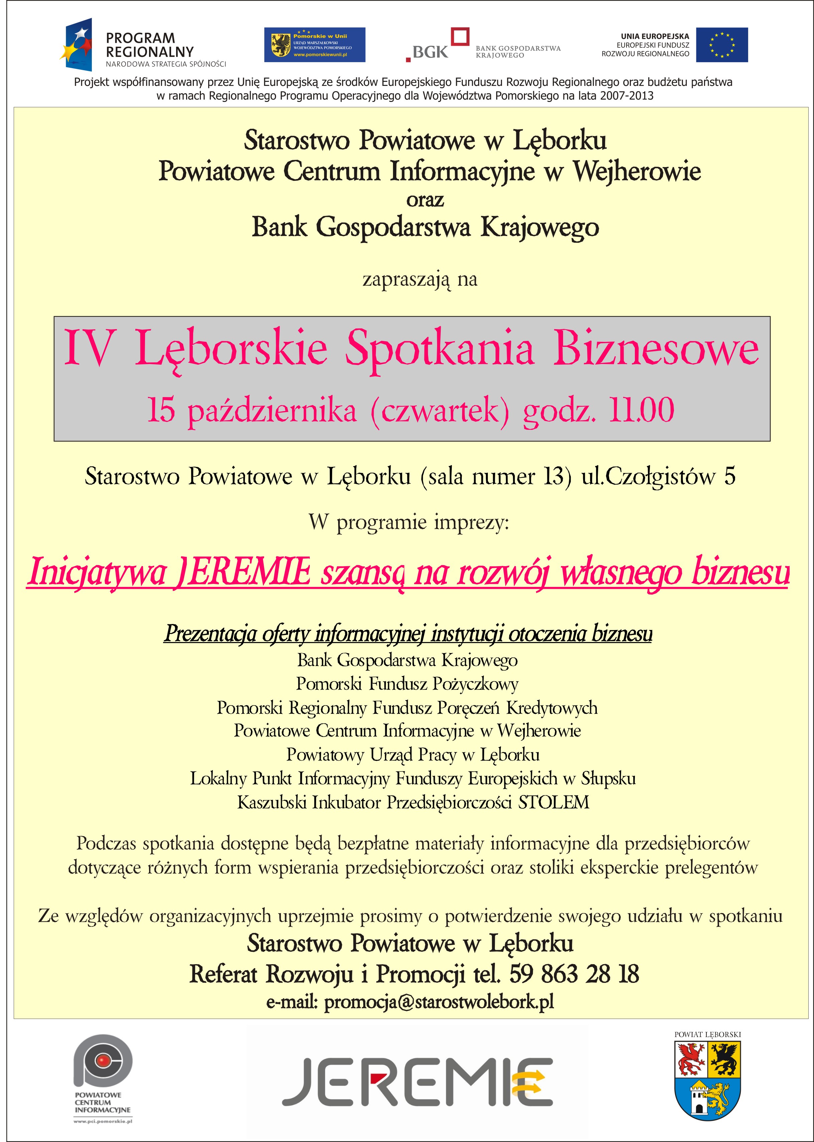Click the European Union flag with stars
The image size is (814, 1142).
click(722, 45)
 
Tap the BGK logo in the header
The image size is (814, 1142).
click(436, 45)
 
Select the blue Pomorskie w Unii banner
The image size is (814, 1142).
click(315, 45)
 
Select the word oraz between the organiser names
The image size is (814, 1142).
click(425, 200)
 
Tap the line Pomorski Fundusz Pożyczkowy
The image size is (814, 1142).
click(407, 684)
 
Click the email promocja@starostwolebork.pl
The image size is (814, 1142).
click(439, 1002)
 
